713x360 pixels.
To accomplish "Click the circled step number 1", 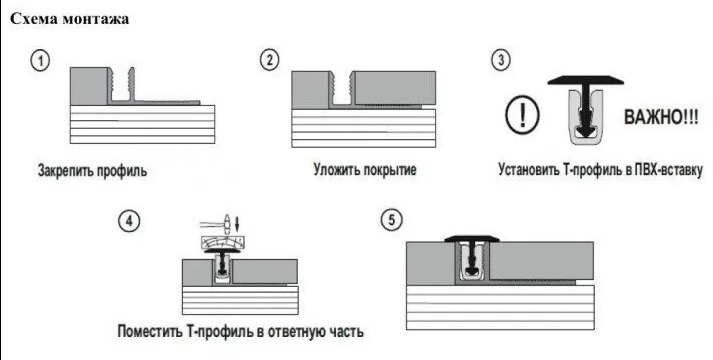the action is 40,61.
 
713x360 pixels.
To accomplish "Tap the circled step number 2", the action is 270,60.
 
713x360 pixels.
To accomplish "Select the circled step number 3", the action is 501,60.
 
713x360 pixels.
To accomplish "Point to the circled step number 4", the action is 129,221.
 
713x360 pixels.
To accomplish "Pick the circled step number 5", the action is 392,221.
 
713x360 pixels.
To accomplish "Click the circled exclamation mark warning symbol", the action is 522,115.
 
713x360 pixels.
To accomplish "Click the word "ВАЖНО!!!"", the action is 661,117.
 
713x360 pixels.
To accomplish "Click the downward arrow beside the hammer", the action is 237,223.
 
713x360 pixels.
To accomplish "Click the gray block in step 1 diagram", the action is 89,86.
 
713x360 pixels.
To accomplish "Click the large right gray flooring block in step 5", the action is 541,260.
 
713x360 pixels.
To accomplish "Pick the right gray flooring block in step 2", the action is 395,88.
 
